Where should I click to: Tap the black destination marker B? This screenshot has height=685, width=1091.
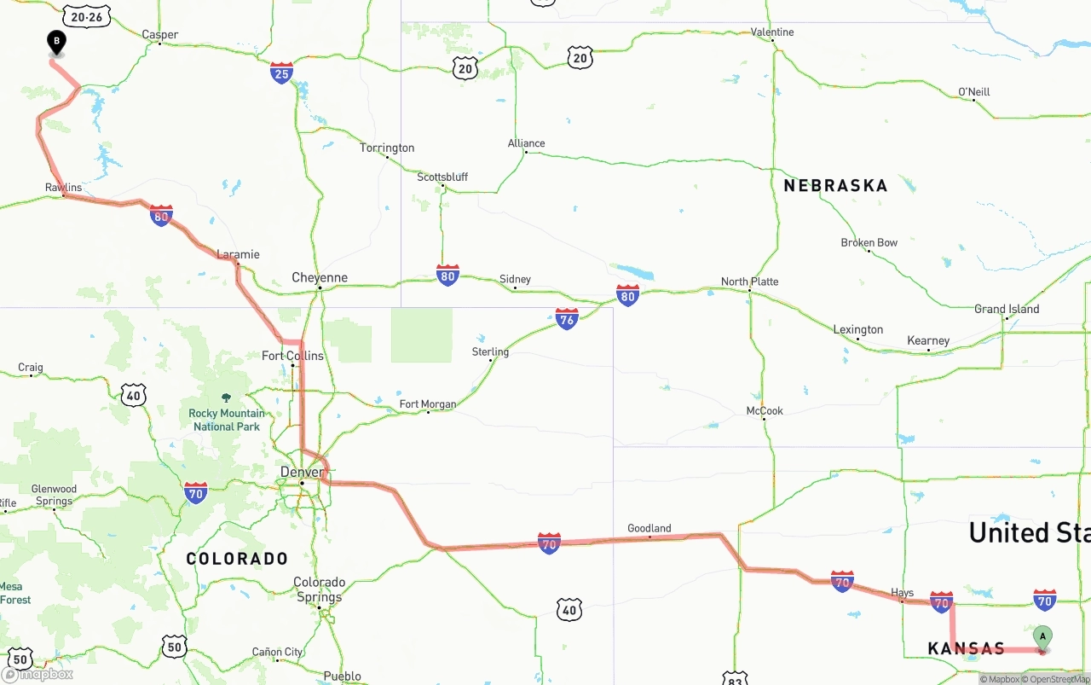(56, 42)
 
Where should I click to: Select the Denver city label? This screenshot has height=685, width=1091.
(302, 472)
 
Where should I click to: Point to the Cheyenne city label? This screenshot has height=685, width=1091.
(320, 277)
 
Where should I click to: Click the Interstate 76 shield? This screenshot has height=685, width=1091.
(567, 319)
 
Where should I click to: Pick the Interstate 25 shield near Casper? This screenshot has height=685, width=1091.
(281, 73)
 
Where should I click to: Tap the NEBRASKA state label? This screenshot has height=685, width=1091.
(835, 185)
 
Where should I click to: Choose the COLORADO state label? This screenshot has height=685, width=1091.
(238, 559)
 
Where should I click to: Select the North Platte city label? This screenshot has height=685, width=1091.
(749, 282)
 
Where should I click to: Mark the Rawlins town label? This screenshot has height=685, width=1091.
(64, 187)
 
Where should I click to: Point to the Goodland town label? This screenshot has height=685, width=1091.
(649, 528)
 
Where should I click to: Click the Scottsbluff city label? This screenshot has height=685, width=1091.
(442, 177)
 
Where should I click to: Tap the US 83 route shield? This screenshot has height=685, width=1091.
(735, 678)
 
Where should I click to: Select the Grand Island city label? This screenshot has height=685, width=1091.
(1007, 309)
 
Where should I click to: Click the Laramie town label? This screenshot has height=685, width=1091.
(238, 254)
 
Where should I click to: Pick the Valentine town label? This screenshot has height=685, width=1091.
(772, 32)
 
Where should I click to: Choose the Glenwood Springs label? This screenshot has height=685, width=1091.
(54, 495)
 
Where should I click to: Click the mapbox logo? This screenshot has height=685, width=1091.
(38, 674)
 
